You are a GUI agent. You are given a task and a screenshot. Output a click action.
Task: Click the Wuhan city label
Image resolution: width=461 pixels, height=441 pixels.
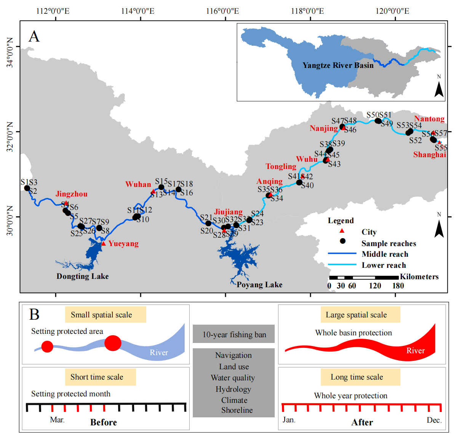138,185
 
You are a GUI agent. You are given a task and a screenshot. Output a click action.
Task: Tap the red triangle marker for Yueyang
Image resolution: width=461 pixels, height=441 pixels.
103,243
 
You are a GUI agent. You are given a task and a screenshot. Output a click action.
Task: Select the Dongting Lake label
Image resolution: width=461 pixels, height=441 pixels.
82,276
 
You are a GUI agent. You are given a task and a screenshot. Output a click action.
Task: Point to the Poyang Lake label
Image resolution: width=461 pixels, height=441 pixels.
259,285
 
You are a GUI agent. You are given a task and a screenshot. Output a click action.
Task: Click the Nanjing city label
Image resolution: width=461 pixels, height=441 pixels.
323,128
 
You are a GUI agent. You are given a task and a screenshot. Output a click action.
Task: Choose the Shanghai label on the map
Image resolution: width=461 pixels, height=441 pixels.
429,155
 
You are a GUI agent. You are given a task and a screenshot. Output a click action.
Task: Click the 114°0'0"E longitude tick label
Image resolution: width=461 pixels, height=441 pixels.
138,11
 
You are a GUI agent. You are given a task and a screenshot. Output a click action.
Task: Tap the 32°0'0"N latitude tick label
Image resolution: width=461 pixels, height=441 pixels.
10,132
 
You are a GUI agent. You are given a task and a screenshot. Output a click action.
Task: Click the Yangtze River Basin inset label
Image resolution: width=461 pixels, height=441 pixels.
338,65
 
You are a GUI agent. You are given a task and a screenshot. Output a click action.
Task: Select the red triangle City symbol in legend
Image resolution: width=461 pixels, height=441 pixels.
342,231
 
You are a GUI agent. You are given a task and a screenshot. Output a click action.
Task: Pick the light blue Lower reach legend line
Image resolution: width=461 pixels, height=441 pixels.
342,265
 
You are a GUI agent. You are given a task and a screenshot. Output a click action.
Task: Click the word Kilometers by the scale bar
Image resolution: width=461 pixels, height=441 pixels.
419,277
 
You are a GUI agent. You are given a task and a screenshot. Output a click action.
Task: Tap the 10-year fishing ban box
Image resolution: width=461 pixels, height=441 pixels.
234,335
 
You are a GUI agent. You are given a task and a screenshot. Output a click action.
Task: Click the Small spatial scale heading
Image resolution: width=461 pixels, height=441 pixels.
101,315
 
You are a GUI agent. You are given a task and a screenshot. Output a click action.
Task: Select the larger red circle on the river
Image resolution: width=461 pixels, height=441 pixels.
113,343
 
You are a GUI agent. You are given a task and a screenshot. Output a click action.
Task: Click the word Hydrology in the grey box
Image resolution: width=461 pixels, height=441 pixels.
233,389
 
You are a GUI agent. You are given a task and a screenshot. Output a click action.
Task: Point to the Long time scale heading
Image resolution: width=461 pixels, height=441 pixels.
357,377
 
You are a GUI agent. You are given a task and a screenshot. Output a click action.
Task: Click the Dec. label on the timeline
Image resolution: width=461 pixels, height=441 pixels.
434,420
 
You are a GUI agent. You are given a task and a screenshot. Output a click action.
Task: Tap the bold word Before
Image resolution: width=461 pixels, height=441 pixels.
103,422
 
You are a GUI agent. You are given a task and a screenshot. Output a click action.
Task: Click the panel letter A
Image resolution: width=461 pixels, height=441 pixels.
34,37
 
